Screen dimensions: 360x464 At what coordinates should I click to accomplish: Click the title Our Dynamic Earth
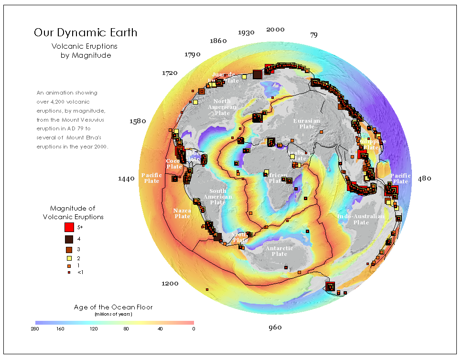(86, 33)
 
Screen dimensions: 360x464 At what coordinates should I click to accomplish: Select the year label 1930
(246, 32)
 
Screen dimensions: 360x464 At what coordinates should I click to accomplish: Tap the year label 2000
(275, 30)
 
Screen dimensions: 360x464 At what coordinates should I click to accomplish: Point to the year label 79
(313, 35)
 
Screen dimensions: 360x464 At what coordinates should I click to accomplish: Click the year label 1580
(138, 121)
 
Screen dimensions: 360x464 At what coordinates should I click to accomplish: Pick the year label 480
(424, 179)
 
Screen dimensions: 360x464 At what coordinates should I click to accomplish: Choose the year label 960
(275, 328)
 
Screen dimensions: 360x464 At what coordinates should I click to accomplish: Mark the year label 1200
(170, 284)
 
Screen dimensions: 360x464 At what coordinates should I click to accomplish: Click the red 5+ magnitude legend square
(69, 227)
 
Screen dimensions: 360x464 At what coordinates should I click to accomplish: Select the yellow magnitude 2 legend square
(69, 258)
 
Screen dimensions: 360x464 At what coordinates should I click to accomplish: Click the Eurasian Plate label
(307, 124)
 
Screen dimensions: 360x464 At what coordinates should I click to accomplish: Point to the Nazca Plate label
(182, 213)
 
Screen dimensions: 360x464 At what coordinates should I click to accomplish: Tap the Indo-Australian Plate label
(361, 220)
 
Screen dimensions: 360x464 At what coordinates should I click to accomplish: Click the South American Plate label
(218, 197)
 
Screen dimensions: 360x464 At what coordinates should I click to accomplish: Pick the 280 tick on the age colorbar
(35, 328)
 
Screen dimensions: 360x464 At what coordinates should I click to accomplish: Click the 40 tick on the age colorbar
(160, 328)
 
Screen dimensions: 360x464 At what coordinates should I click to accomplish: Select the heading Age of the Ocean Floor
(114, 307)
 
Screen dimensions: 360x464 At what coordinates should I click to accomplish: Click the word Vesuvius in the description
(97, 119)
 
